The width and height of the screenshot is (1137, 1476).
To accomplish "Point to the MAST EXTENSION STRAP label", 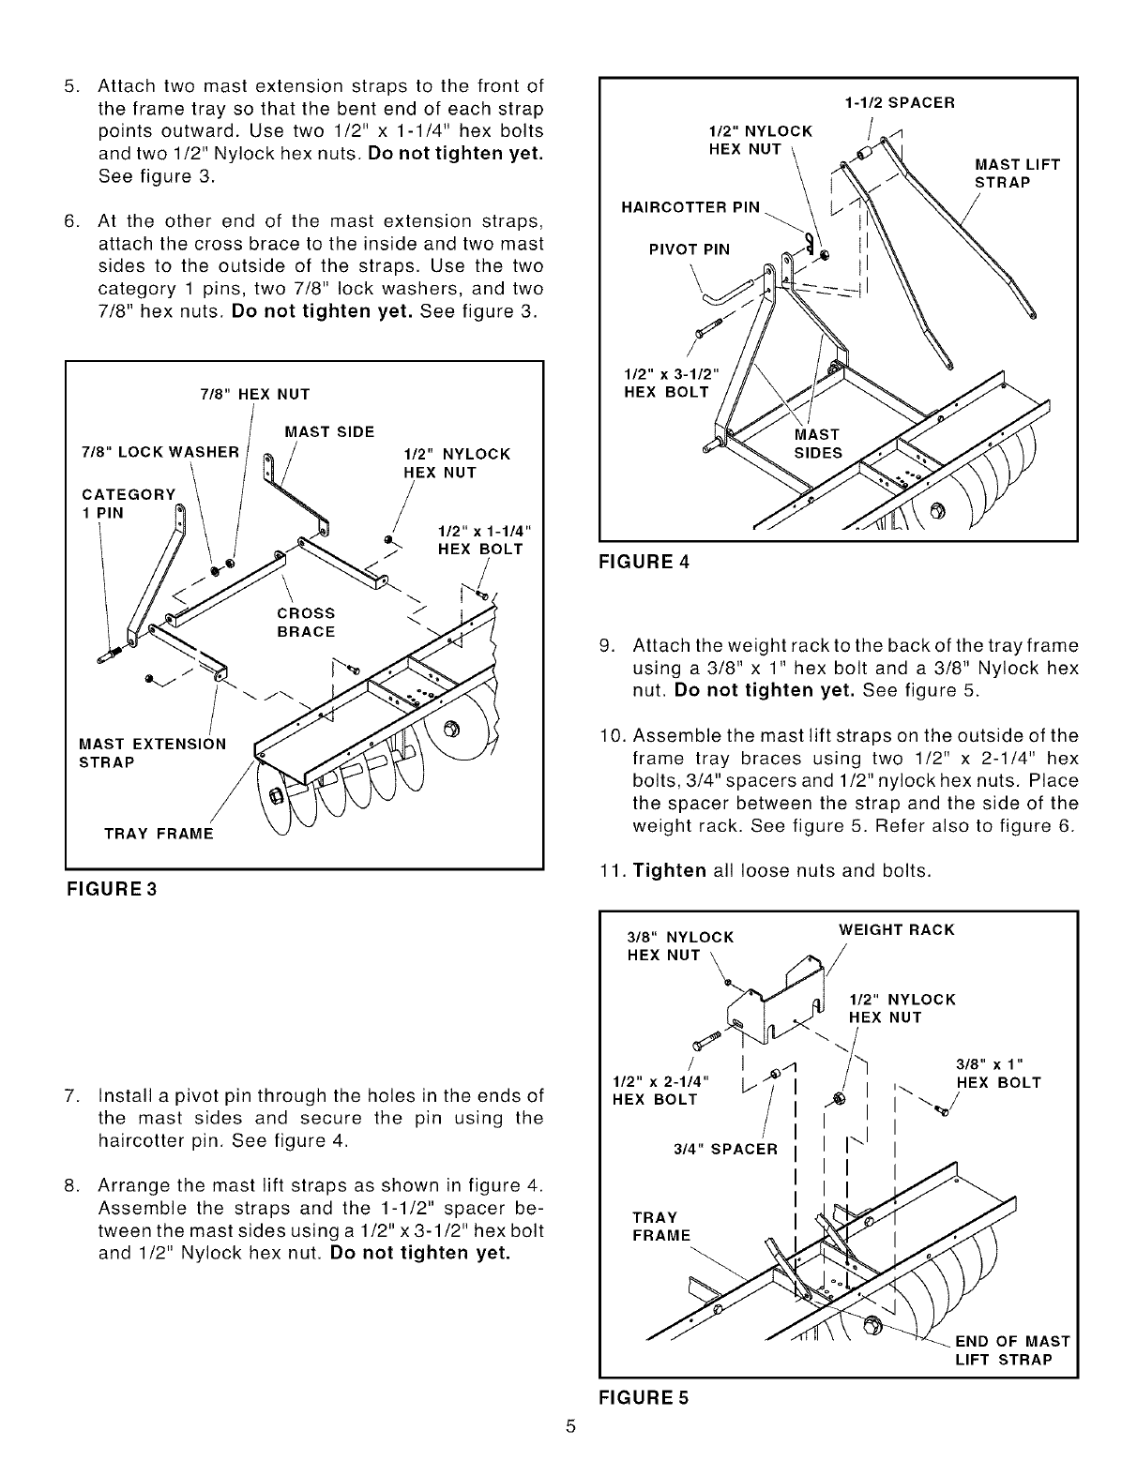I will [x=153, y=753].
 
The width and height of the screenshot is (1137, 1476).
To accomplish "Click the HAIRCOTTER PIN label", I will [x=690, y=207].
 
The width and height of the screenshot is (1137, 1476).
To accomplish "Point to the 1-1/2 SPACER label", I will [x=899, y=103].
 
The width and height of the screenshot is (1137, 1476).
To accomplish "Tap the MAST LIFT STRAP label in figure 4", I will [x=1017, y=173].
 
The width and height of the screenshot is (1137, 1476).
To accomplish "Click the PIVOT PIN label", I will [x=689, y=249].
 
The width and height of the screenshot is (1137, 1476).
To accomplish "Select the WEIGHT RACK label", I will [x=896, y=929].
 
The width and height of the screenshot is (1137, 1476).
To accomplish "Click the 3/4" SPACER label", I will [x=726, y=1149].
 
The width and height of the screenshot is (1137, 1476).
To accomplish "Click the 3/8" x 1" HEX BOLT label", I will [x=998, y=1073].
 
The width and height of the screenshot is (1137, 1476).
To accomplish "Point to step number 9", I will [x=607, y=646].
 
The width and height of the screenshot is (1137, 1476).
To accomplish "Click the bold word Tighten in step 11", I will [x=669, y=870].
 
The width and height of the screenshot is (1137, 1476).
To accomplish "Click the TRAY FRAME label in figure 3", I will [x=159, y=835].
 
